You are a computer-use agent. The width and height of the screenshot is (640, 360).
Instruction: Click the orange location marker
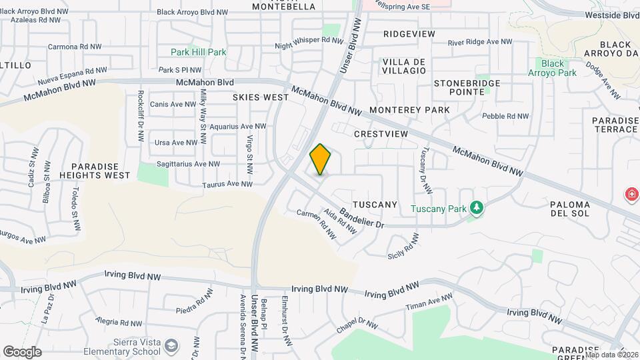point(321,159)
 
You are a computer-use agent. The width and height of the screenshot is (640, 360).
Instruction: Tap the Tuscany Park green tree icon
point(476,209)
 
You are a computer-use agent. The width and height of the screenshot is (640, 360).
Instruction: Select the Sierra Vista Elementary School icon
point(172,345)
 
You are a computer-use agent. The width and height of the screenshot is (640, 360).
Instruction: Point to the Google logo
point(22,351)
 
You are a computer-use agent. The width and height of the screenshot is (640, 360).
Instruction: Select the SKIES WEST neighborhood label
point(261,97)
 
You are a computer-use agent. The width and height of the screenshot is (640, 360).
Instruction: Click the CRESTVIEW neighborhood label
point(381,134)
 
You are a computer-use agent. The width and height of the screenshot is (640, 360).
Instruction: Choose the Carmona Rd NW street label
point(74,47)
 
